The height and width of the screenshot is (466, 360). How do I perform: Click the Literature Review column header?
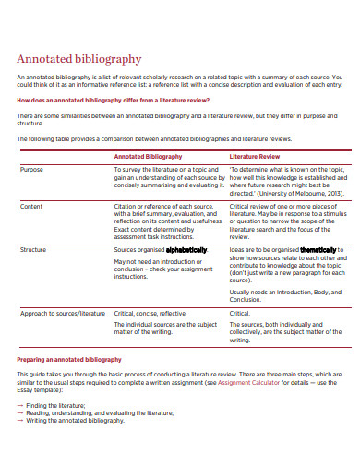point(255,157)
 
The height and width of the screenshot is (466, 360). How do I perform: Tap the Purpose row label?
point(31,170)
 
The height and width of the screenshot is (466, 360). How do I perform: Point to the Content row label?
point(31,206)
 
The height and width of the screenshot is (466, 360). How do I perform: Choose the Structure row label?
point(34,249)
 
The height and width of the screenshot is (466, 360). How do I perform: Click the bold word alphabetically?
point(187,250)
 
